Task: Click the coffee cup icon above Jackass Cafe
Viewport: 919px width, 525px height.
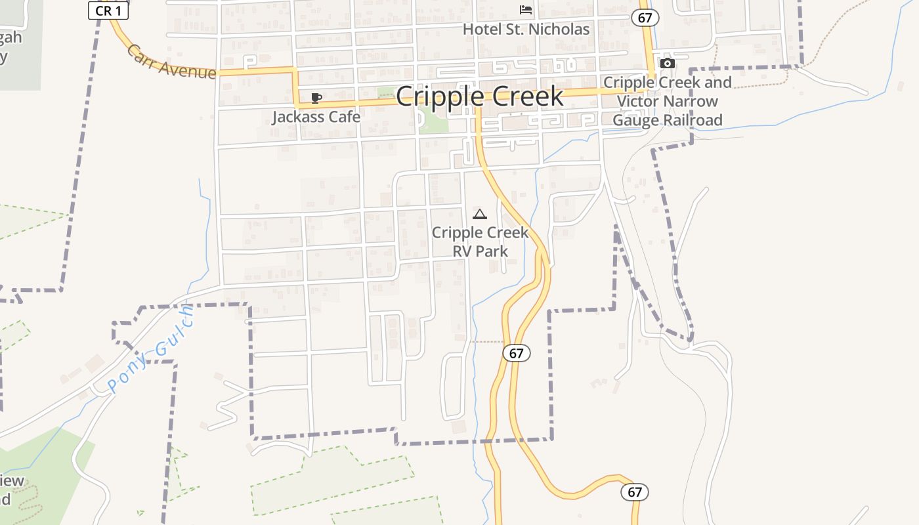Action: point(316,98)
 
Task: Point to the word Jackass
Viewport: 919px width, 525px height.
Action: point(299,117)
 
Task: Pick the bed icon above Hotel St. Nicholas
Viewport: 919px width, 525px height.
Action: point(526,10)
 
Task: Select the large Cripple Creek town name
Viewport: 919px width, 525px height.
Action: point(479,96)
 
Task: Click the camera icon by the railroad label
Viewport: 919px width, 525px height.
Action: point(668,63)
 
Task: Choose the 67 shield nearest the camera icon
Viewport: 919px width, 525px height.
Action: point(645,18)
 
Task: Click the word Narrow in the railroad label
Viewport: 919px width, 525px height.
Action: point(694,102)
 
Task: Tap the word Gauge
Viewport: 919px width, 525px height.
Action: point(636,120)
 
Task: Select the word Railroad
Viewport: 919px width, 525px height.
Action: point(693,120)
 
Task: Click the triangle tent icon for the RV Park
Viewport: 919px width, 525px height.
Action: point(480,214)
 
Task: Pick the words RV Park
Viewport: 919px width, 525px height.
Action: point(481,251)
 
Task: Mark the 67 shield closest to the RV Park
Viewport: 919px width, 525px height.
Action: point(517,353)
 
